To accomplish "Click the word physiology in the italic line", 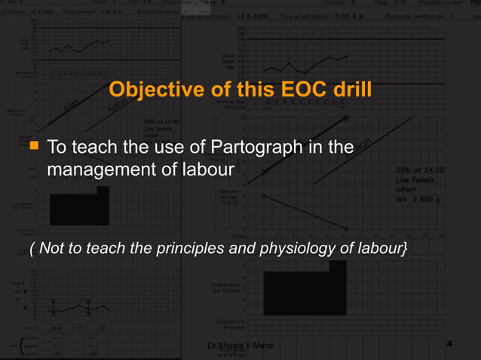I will click(x=296, y=249).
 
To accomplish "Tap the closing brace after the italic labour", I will click(x=406, y=249).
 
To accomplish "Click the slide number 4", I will click(x=449, y=344).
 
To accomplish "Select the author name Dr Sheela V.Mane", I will click(x=240, y=345).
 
